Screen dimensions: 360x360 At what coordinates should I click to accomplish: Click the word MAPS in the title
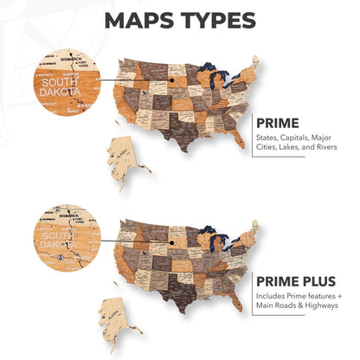click(x=143, y=22)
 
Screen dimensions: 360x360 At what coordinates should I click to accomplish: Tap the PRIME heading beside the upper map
click(x=276, y=123)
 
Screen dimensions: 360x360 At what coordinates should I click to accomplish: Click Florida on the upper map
click(x=235, y=138)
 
